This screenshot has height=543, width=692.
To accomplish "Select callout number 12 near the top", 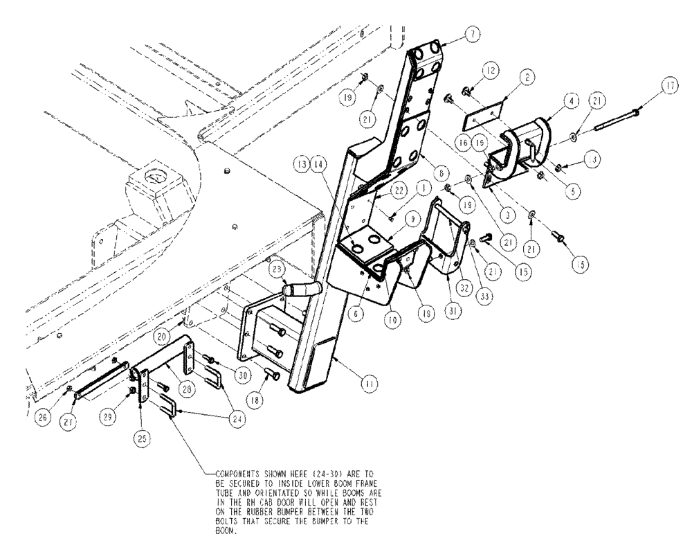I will [490, 71].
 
